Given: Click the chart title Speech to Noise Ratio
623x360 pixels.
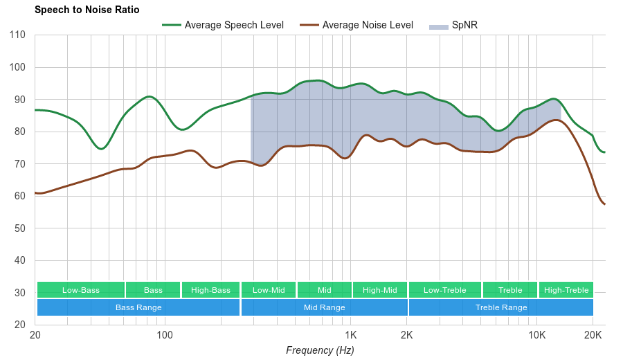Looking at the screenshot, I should click(87, 10).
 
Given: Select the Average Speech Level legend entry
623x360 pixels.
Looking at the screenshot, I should click(233, 25).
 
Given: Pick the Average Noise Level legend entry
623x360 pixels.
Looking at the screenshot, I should click(367, 25).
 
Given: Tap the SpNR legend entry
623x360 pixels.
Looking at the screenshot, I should click(464, 25).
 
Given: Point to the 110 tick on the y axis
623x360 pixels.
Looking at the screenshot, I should click(18, 35).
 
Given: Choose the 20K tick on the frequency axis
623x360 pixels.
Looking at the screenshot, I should click(593, 336).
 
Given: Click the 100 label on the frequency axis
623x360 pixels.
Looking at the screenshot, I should click(165, 336).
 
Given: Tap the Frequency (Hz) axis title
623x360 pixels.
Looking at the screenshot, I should click(320, 350).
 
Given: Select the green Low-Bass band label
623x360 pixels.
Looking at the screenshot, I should click(81, 290).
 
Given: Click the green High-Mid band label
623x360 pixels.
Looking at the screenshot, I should click(380, 290).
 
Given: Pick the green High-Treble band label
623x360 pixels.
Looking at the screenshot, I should click(566, 290).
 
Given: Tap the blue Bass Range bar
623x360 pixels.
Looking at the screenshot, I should click(138, 307).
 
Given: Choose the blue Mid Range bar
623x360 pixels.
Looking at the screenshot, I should click(324, 307).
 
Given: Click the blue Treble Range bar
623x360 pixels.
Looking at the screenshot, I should click(501, 307).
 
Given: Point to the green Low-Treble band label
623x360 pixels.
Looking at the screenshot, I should click(445, 290).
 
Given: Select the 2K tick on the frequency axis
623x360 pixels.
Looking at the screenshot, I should click(407, 336).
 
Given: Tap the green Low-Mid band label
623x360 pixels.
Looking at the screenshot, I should click(269, 290).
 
